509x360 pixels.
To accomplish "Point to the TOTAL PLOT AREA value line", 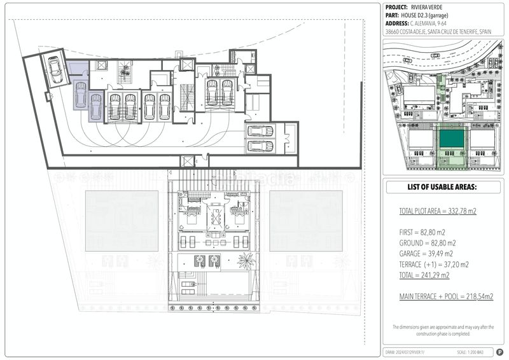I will pyautogui.click(x=437, y=211).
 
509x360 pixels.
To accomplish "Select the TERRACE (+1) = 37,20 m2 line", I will pyautogui.click(x=434, y=264).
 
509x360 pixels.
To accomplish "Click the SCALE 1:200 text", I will pyautogui.click(x=470, y=352).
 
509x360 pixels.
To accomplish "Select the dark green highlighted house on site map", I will pyautogui.click(x=452, y=139).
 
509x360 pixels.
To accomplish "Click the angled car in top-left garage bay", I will pyautogui.click(x=55, y=69).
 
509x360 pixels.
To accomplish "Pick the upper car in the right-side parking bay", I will pyautogui.click(x=260, y=131).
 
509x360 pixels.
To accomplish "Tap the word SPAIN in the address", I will pyautogui.click(x=485, y=31).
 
